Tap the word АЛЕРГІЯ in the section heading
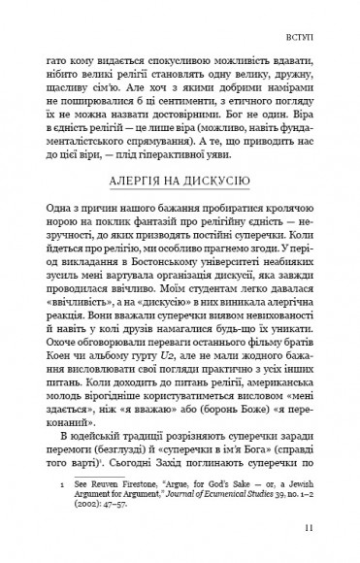(136, 180)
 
